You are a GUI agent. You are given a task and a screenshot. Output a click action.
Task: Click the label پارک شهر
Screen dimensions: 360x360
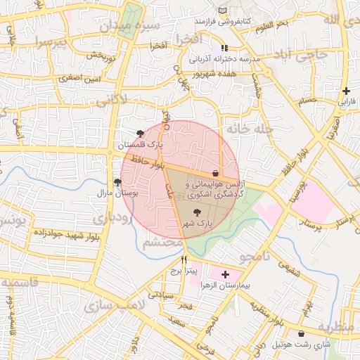(197, 223)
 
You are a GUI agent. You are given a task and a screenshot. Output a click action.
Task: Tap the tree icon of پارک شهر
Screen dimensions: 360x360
(196, 212)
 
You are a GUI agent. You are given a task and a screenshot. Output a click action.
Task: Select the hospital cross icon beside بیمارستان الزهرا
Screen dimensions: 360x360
(225, 274)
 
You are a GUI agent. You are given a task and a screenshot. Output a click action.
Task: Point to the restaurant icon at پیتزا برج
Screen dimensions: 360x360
(184, 259)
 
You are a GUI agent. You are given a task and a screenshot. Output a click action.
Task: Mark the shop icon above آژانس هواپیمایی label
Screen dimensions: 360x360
(215, 172)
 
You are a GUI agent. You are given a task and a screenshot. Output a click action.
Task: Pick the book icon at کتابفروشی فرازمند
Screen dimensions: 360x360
(223, 11)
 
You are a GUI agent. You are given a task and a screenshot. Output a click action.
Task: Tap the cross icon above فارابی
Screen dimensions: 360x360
(346, 91)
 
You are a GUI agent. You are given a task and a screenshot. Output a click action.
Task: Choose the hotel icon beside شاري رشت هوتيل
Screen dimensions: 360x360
(302, 333)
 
